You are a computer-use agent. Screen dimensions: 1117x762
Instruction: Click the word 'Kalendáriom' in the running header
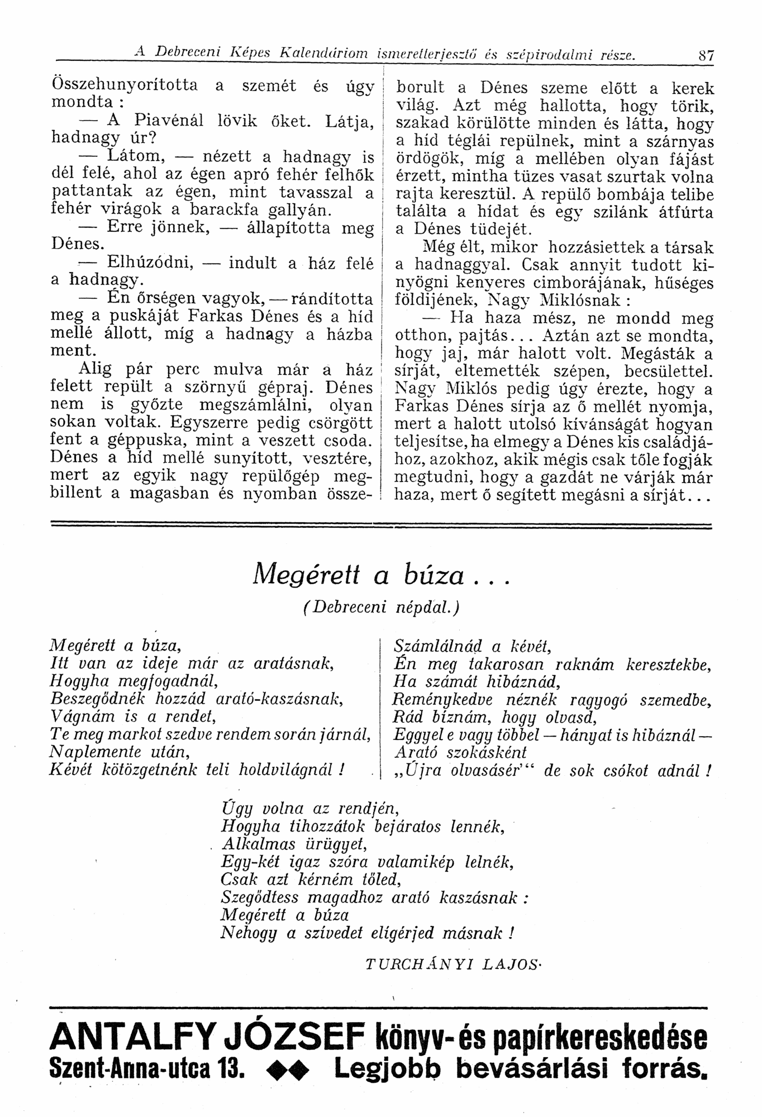(x=325, y=54)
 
